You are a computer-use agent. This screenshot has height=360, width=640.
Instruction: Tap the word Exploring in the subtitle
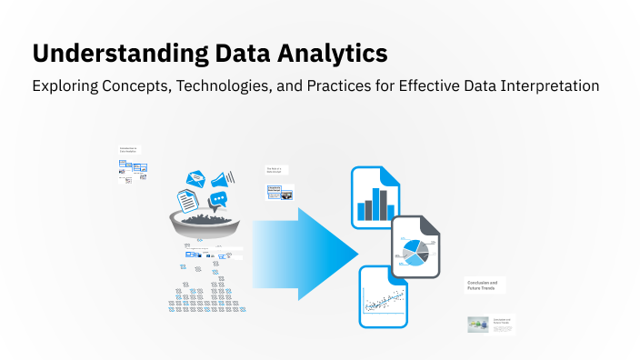pos(66,86)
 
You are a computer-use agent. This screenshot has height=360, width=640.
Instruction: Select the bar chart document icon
pos(375,198)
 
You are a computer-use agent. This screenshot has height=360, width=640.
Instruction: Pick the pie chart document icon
pos(416,247)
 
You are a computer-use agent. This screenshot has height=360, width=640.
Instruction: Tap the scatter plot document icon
pos(383,296)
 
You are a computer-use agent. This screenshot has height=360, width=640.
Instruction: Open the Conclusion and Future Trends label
pos(483,285)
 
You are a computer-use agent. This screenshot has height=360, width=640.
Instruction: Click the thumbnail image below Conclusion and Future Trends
pos(478,325)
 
